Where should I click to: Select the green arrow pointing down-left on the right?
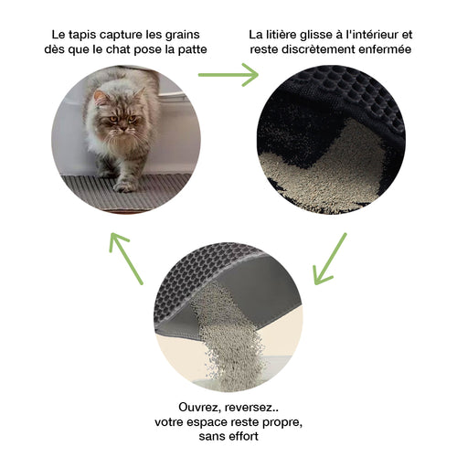[x=330, y=259]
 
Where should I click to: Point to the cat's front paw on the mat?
[x=124, y=184]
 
